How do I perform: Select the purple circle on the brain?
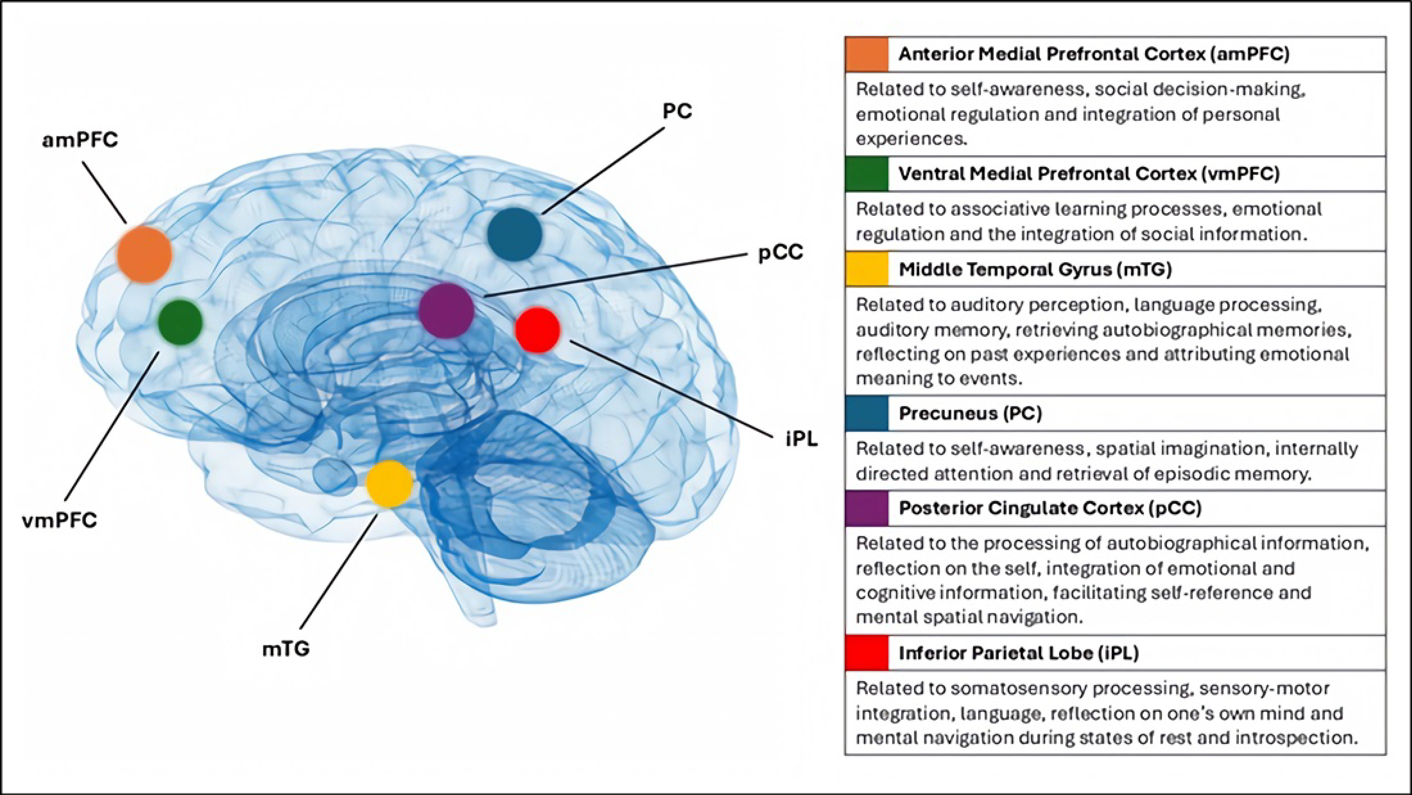pyautogui.click(x=446, y=310)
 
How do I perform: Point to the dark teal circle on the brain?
pyautogui.click(x=514, y=234)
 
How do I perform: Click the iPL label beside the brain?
pyautogui.click(x=801, y=439)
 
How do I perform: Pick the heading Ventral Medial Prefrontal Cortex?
pyautogui.click(x=1089, y=174)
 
